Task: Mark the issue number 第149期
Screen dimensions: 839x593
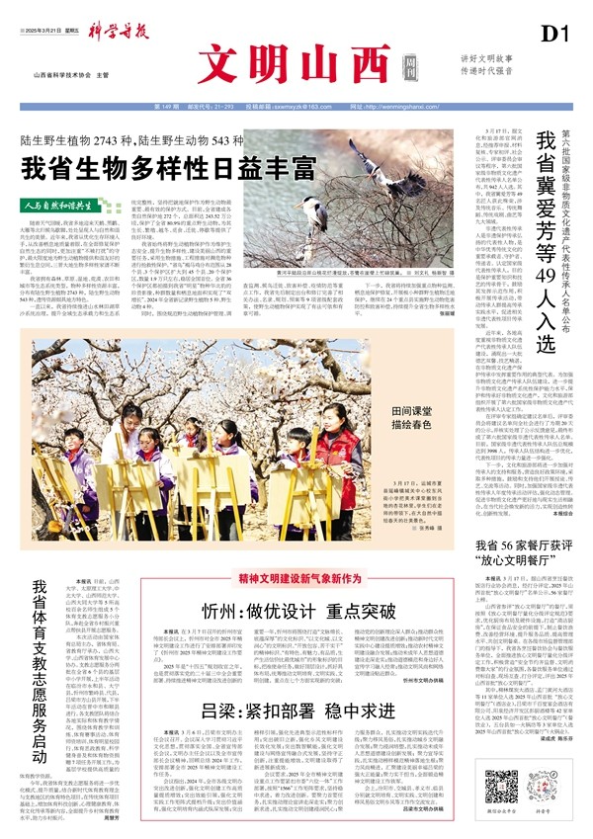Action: pos(165,106)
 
